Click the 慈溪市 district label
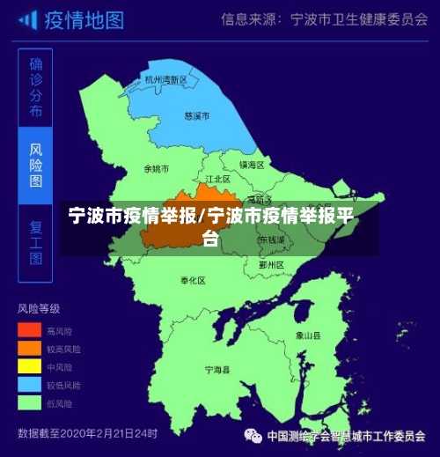point(197,115)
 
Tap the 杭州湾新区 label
point(166,79)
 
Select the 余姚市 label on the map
point(156,168)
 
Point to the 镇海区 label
point(252,165)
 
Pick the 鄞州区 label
point(271,264)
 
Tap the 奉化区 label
point(193,280)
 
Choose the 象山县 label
point(307,335)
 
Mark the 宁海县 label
point(216,371)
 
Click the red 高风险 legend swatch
point(29,330)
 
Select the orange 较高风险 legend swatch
point(29,348)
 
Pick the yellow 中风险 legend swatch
point(29,365)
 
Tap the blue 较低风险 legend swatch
point(29,384)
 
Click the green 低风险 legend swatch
point(29,402)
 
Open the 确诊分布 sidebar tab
point(35,88)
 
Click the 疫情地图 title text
point(84,19)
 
